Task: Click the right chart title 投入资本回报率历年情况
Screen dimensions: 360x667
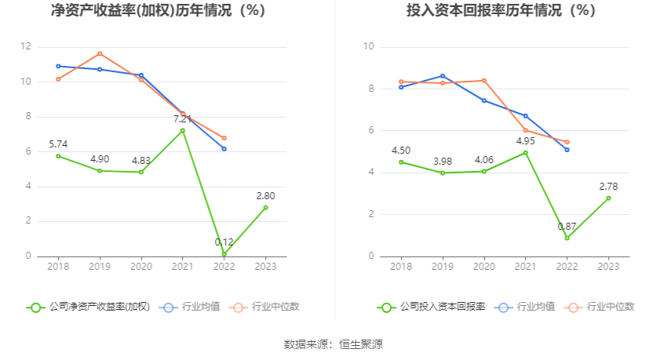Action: coord(501,11)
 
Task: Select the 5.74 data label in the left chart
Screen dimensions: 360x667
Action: coord(59,144)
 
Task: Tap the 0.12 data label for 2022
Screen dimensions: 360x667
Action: coord(224,242)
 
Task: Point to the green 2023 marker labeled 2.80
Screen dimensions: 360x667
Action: coord(266,207)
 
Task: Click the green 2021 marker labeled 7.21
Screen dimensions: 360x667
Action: coord(183,130)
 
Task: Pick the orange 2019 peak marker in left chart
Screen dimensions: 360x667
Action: coord(100,53)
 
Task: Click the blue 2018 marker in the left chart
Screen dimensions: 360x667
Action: coord(58,66)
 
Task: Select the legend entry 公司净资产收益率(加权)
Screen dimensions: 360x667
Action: coord(89,307)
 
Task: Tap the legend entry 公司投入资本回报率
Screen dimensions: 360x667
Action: coord(432,307)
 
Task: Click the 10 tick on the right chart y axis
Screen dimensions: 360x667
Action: coord(368,47)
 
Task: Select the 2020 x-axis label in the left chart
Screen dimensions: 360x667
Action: coord(141,267)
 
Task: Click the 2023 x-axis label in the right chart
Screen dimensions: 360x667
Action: coord(608,267)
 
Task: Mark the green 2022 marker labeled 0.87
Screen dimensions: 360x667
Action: coord(567,238)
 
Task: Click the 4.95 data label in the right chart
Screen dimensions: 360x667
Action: coord(525,140)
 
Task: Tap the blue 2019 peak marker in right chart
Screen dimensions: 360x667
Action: coord(443,76)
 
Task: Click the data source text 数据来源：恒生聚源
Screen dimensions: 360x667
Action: coord(333,344)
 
